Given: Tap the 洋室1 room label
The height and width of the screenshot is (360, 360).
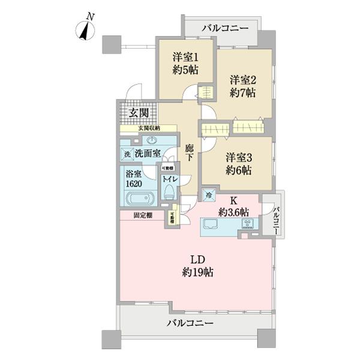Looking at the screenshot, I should click(185, 64).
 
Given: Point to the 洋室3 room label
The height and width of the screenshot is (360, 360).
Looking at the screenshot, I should click(239, 163).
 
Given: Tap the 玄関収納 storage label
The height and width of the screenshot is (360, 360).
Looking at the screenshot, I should click(149, 128).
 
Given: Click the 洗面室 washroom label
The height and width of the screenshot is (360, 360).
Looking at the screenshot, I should click(147, 153).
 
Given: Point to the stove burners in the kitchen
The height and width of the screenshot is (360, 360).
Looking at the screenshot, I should click(248, 224).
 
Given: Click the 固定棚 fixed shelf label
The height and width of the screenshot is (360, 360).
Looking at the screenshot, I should click(142, 214).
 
